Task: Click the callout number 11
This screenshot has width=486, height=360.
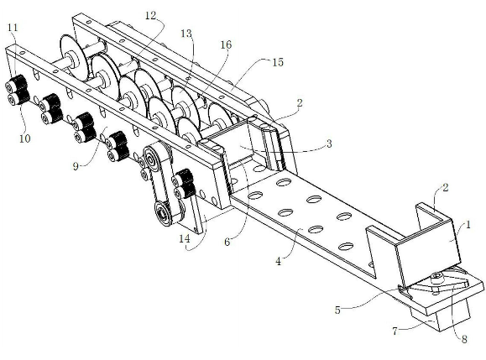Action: pos(13,28)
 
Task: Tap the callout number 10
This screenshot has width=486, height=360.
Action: pos(25,138)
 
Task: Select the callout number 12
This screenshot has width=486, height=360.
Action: pos(151,15)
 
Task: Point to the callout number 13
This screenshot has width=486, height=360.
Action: pos(186,34)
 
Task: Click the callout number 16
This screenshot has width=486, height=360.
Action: pos(226,45)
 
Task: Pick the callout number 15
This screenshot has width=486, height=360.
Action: pos(278,62)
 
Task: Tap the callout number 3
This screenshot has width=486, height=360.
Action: pos(329,143)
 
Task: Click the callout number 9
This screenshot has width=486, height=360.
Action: pos(76,166)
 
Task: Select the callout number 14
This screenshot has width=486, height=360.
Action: pos(185,238)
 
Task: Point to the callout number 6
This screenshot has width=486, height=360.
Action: pos(227,242)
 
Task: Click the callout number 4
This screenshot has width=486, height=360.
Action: pos(279,262)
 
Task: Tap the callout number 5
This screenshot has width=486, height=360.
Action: pos(337,310)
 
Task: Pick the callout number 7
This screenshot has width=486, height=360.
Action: pos(395,331)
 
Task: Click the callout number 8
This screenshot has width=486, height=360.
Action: pos(464,339)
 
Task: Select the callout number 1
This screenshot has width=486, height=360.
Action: pos(468,224)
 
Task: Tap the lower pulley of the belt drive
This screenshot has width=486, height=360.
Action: pos(162,213)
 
